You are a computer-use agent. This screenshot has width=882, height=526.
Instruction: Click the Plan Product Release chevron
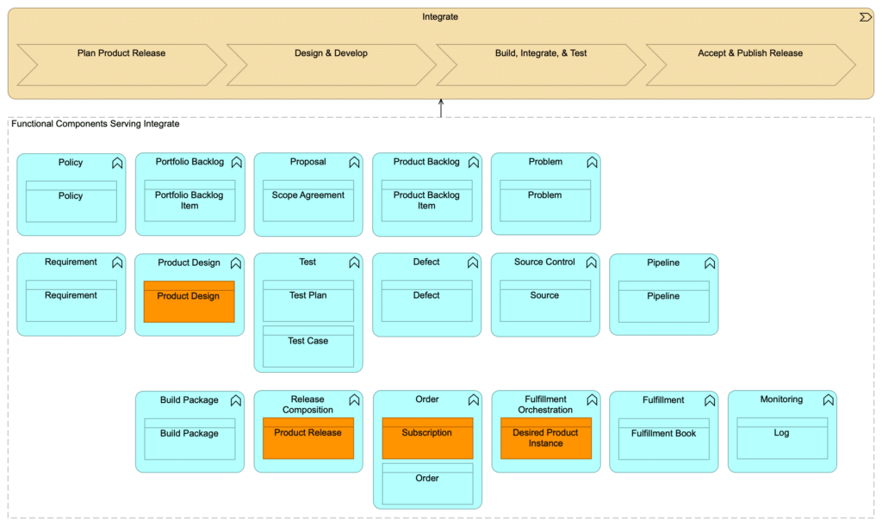point(121,65)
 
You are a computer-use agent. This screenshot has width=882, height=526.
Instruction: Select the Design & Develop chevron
point(331,65)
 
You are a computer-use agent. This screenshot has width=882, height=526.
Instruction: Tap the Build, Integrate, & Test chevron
point(541,65)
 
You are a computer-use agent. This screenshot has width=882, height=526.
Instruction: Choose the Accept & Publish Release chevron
point(749,65)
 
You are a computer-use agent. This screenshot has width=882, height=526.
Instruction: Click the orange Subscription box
point(427,438)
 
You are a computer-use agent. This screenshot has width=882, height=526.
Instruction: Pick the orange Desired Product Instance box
point(545,438)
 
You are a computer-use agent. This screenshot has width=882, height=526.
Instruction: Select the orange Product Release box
point(308,438)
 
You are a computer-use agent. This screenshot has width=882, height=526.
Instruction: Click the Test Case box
point(308,346)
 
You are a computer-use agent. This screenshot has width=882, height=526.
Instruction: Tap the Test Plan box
point(308,300)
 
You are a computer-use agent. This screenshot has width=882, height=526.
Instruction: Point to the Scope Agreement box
point(308,201)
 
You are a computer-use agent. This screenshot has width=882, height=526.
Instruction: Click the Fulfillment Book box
point(663,438)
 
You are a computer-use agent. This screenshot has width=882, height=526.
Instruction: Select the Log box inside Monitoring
point(781,438)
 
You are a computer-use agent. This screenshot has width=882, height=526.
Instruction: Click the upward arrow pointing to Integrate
point(441,108)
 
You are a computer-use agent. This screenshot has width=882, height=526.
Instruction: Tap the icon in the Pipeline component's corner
point(710,263)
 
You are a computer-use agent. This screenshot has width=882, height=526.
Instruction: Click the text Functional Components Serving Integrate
point(96,125)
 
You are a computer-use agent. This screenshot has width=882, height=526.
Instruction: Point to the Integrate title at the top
point(440,17)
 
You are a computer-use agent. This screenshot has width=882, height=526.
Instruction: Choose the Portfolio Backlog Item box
point(189,201)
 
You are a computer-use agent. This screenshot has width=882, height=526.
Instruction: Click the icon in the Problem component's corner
point(592,163)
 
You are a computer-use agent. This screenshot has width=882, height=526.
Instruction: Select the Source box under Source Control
point(544,300)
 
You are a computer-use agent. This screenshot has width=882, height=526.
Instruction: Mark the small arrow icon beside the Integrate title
point(865,17)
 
